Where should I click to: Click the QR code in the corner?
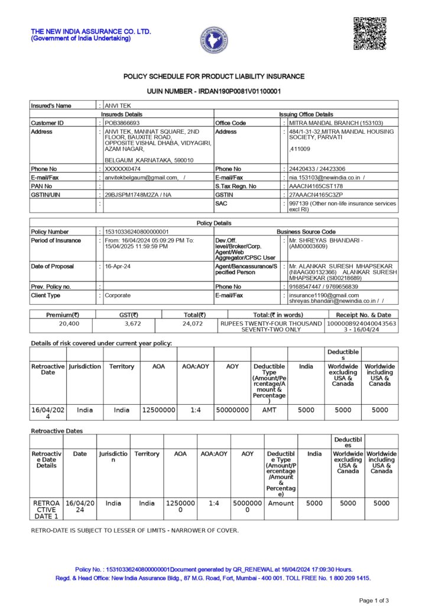coord(369,34)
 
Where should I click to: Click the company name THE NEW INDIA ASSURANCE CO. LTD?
coord(91,31)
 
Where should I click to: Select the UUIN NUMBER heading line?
coord(213,91)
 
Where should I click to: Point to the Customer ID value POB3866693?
coord(122,123)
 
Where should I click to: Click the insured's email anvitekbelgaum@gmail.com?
coord(141,178)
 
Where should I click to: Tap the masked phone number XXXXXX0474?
coord(123,169)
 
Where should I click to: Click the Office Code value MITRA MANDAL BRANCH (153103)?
coord(335,123)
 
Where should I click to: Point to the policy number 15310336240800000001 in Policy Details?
coord(137,231)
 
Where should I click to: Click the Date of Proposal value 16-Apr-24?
coord(117,267)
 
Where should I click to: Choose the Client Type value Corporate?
coord(118,295)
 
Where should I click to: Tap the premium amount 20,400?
coord(69,324)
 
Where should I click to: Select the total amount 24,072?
coord(193,324)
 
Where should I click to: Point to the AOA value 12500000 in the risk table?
coord(158,410)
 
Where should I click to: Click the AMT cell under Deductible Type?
coord(269,410)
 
